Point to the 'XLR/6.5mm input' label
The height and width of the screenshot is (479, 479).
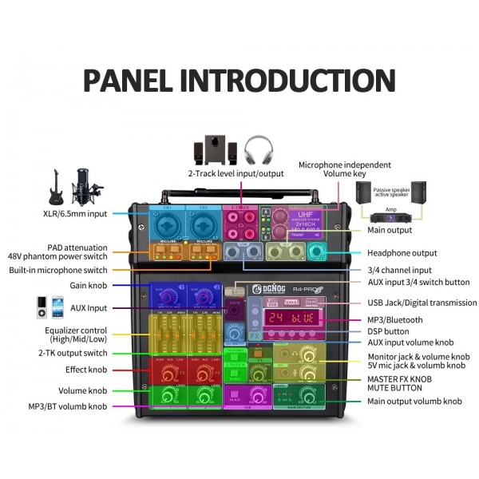76,214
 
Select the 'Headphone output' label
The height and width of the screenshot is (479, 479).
402,253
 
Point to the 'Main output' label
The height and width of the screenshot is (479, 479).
389,231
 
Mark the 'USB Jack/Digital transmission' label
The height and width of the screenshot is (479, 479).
422,303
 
